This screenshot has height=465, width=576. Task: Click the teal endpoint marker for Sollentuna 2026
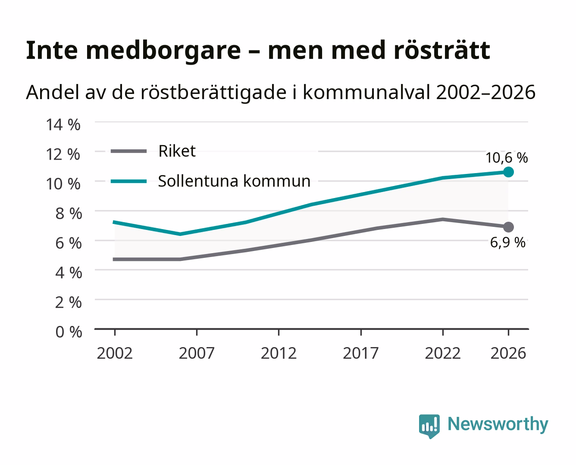(x=508, y=172)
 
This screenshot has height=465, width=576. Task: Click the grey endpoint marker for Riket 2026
(x=508, y=227)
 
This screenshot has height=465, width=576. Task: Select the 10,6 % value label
(x=507, y=158)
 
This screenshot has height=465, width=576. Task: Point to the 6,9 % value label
(x=507, y=242)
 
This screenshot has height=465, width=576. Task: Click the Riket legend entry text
(x=177, y=151)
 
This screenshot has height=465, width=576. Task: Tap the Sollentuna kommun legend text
(x=234, y=181)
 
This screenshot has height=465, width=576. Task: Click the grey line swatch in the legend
(x=129, y=151)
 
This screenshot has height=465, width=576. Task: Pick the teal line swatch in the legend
(x=129, y=181)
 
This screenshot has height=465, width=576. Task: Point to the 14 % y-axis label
(x=63, y=125)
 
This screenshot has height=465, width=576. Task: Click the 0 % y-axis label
(x=69, y=332)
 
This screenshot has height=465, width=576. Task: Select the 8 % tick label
(x=69, y=214)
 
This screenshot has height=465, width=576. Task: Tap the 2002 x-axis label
(x=115, y=353)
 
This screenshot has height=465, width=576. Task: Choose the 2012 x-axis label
(x=279, y=353)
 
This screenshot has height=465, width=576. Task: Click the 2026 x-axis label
(x=508, y=353)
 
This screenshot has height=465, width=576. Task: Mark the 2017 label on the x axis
(x=361, y=353)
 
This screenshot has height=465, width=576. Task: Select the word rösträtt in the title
(x=442, y=50)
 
